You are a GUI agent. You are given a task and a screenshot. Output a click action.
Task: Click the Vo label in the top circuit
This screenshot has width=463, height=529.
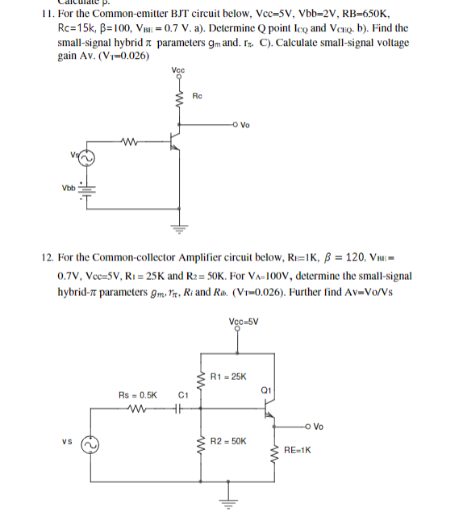point(245,126)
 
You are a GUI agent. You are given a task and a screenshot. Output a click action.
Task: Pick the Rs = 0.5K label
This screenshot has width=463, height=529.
point(138,396)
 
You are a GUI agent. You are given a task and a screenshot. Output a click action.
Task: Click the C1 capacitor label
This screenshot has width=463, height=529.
point(182,396)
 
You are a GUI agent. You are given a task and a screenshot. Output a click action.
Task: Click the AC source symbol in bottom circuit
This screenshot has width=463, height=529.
point(91,444)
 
